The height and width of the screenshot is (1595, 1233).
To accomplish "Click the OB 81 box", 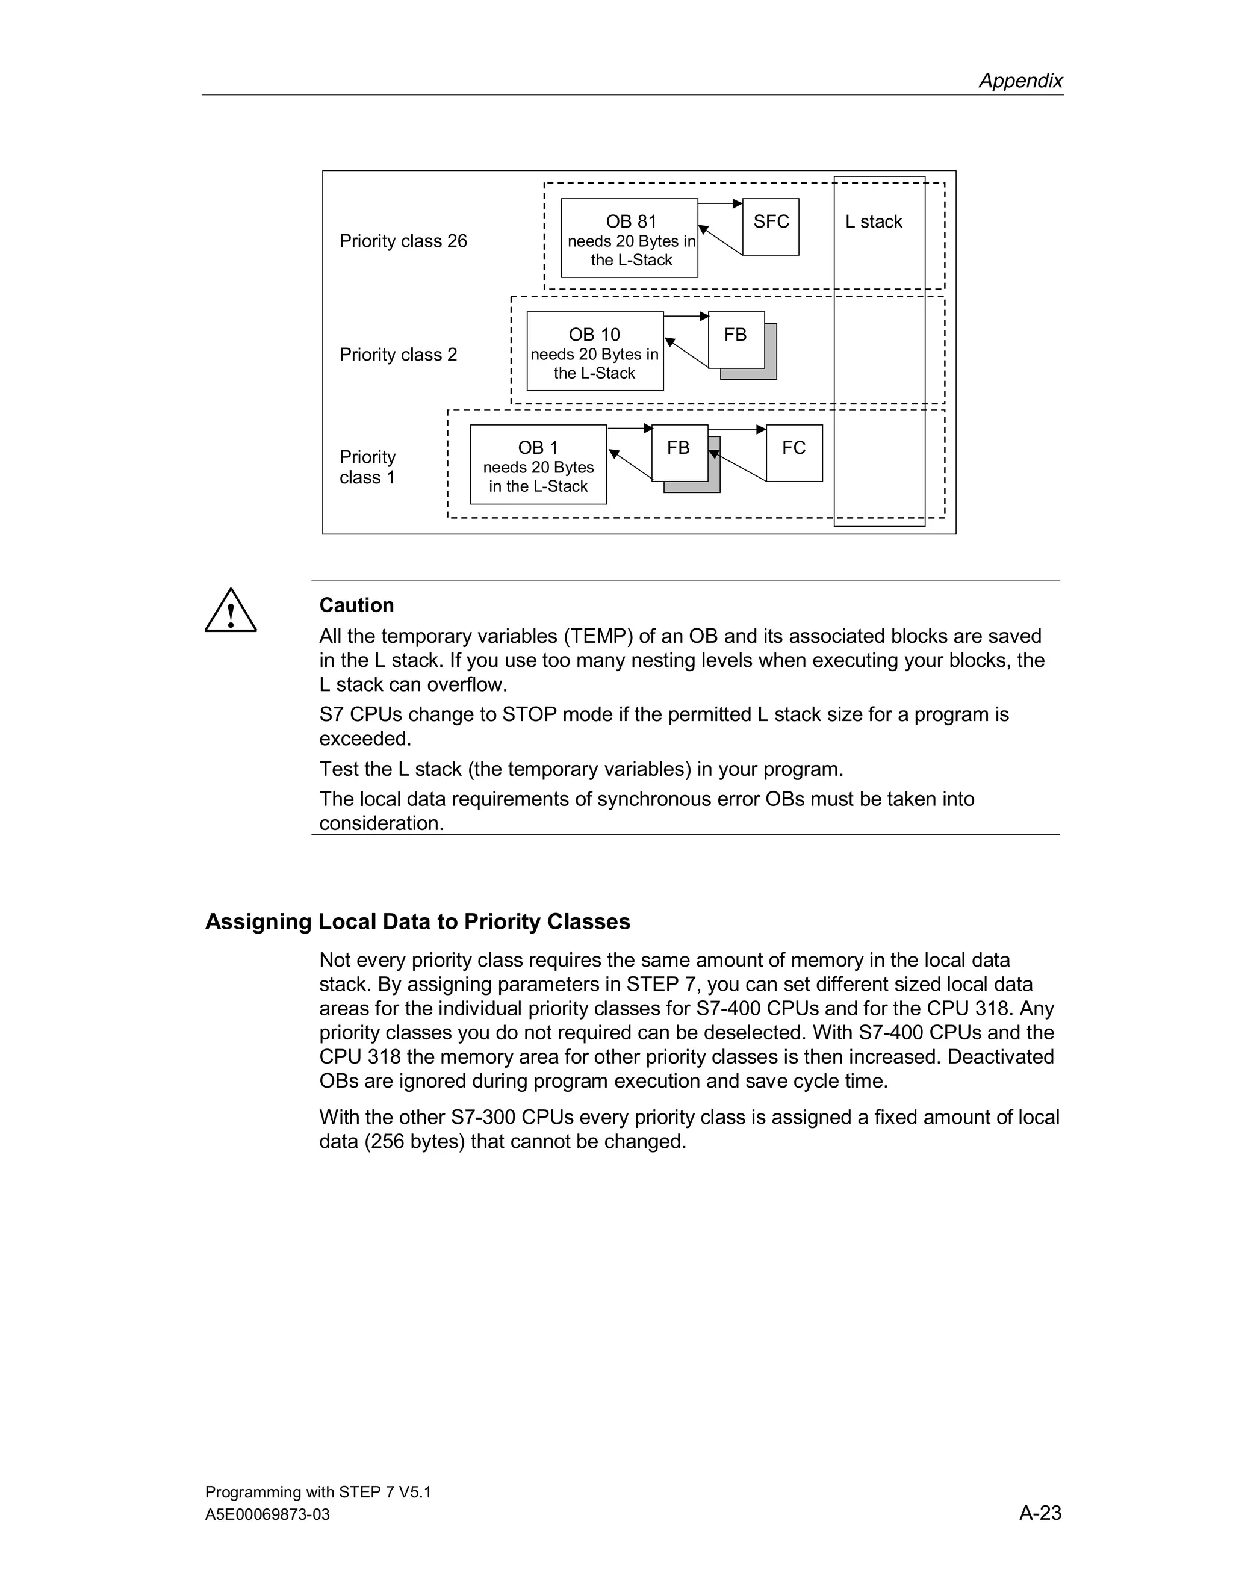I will (x=629, y=238).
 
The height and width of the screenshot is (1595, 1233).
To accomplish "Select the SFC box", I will (x=771, y=226).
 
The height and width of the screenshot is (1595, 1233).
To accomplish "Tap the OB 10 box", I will (x=595, y=352).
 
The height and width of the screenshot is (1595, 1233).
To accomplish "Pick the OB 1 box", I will (x=538, y=465).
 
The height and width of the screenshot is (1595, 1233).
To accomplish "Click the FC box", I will (x=794, y=453).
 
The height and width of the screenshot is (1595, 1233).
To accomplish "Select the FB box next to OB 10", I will (x=736, y=339).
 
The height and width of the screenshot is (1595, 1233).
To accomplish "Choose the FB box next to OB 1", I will (x=679, y=453).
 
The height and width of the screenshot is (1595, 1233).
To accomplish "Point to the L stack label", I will (x=873, y=222).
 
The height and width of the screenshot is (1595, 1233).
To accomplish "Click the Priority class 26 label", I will (x=403, y=241).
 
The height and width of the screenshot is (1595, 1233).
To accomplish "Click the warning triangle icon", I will (x=231, y=612).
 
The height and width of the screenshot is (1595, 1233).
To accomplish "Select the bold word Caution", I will (x=356, y=605).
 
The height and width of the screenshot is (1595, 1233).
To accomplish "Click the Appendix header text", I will (x=1020, y=80).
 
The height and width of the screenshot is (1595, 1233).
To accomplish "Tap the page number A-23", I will (x=1040, y=1513).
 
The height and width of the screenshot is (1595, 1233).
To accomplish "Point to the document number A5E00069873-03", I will (x=267, y=1515).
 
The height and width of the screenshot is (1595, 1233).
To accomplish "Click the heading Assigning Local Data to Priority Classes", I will (x=417, y=921).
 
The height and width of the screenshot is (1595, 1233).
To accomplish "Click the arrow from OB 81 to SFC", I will (x=719, y=203).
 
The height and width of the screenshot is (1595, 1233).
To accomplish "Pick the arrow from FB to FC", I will (x=737, y=429).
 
